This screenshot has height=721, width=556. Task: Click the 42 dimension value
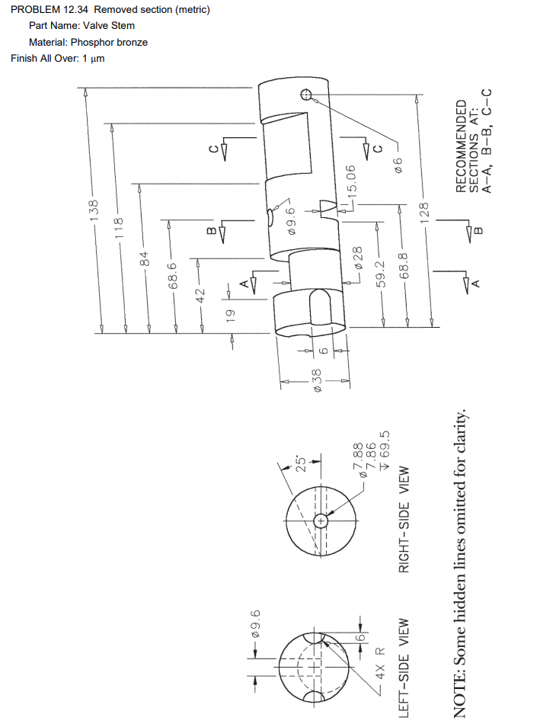click(x=201, y=293)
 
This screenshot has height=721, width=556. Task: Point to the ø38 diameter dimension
click(x=318, y=380)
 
